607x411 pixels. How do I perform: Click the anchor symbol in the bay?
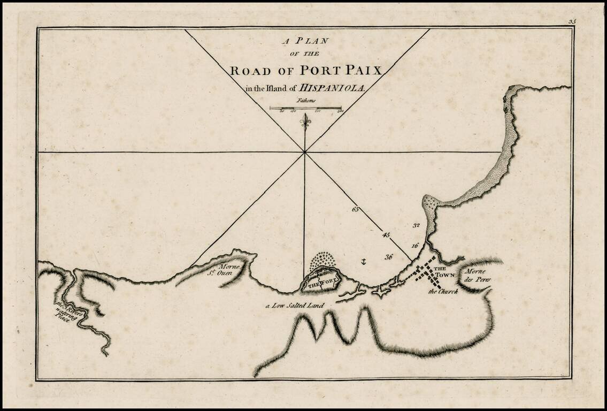[x=363, y=262]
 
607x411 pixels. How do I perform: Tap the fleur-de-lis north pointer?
[x=305, y=121]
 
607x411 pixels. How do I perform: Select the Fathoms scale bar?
[x=305, y=109]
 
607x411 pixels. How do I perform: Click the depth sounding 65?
[x=356, y=209]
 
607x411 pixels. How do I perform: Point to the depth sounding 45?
[x=386, y=234]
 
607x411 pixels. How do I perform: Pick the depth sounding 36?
[x=389, y=257]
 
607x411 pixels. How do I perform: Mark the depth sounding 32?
[x=417, y=226]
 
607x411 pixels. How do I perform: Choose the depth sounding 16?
[x=414, y=246]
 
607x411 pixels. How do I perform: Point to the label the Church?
[x=443, y=292]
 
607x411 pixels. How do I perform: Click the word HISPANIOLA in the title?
[x=332, y=89]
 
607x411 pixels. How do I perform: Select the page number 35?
[x=572, y=21]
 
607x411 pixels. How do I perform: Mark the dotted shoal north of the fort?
[x=323, y=261]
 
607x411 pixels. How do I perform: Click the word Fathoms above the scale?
[x=305, y=100]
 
